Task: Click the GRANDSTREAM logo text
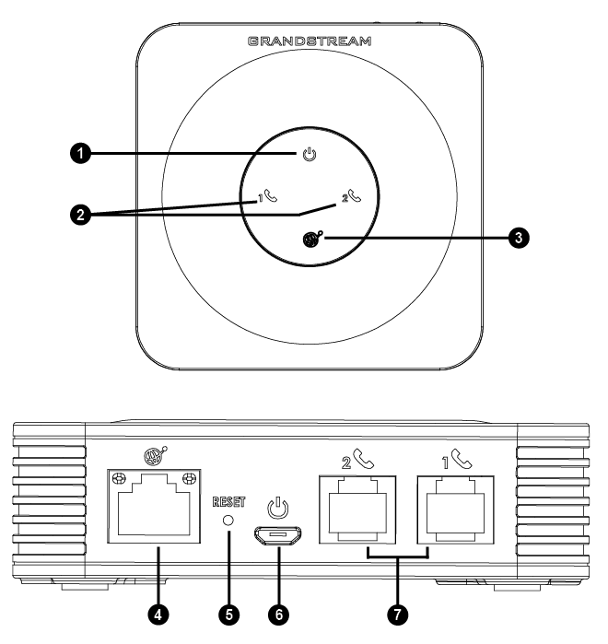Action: tap(310, 41)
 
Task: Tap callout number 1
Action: tap(80, 154)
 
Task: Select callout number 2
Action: tap(80, 215)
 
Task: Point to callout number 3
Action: tap(519, 238)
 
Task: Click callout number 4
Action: tap(158, 615)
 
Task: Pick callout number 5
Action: tap(229, 615)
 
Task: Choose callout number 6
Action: tap(279, 615)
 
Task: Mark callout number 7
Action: tap(397, 615)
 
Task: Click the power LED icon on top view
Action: tap(310, 155)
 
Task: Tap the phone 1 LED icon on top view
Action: tap(268, 196)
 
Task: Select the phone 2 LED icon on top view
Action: tap(352, 195)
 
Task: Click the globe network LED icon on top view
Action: tap(312, 240)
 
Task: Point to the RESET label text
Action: tap(228, 502)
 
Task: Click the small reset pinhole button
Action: tap(228, 521)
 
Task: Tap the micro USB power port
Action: tap(278, 536)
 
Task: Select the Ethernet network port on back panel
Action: tap(154, 506)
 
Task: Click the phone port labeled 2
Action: tap(357, 509)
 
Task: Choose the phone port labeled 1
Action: tap(455, 509)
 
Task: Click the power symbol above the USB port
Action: tap(278, 508)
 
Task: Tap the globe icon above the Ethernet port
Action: tap(155, 456)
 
